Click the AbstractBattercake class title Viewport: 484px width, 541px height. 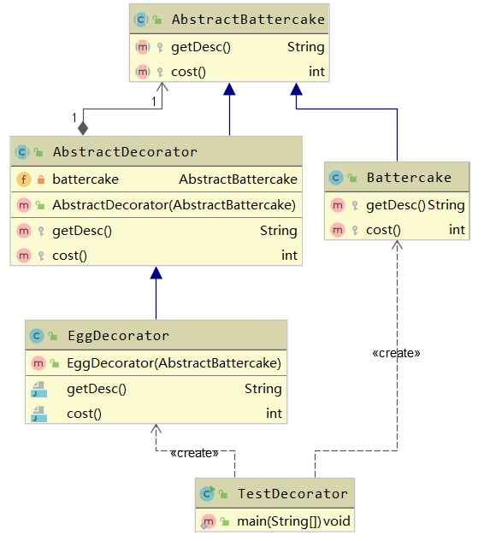(x=236, y=19)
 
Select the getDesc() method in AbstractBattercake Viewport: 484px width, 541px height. (x=201, y=47)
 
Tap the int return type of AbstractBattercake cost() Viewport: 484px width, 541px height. (x=316, y=71)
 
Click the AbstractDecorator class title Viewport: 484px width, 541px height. (x=125, y=152)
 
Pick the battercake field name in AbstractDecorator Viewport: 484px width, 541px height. (x=86, y=179)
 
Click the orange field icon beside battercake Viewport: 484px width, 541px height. (x=22, y=179)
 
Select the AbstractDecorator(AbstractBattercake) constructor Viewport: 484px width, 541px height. (x=174, y=205)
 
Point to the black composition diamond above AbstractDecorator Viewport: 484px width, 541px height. (x=82, y=128)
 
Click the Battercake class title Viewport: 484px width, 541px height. (x=408, y=178)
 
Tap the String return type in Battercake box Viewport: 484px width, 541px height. (x=446, y=205)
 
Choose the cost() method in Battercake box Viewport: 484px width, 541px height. (x=383, y=229)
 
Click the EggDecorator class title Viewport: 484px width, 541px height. (x=118, y=336)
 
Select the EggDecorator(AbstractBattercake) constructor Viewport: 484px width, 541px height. (x=174, y=363)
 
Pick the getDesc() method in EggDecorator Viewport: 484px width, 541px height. (x=97, y=389)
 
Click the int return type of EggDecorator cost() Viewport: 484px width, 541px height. (x=274, y=414)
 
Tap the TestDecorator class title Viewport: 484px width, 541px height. (x=292, y=494)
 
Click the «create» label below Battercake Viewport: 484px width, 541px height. (x=397, y=352)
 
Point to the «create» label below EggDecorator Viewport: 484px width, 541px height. (x=194, y=453)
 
